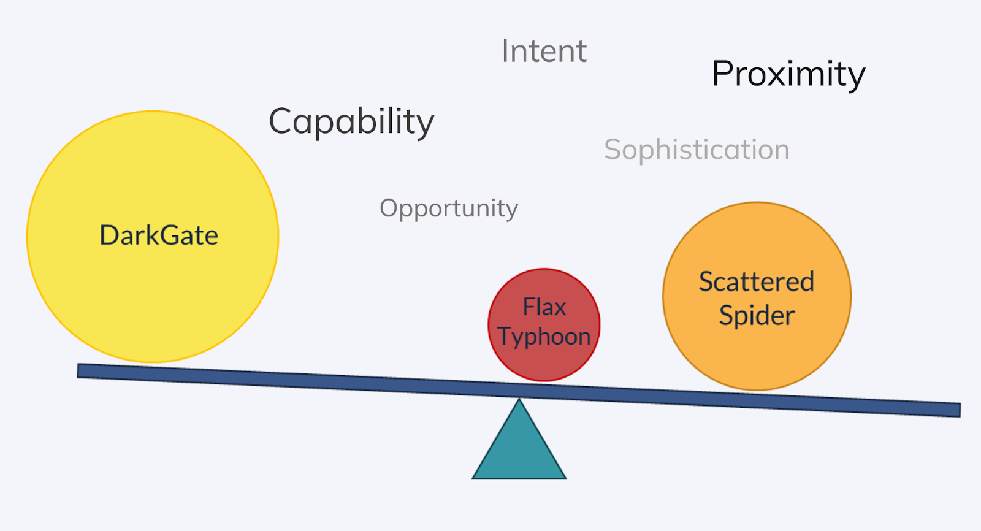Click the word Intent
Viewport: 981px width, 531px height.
pos(544,51)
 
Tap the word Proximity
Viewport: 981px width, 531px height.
pos(788,75)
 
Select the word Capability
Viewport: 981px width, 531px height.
pos(351,121)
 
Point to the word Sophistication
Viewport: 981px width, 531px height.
pos(697,150)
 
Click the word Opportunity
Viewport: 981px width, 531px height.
pos(449,208)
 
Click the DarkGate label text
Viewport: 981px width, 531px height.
pos(159,235)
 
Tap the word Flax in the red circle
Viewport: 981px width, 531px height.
pos(544,307)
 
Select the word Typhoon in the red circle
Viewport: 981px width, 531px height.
pos(544,337)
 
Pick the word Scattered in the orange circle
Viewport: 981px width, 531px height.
pos(757,282)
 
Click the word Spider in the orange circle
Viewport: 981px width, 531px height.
pos(757,316)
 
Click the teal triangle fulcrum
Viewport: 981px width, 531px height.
pos(519,451)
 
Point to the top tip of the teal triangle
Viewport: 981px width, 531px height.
pos(519,401)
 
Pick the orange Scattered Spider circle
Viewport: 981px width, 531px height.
pos(757,356)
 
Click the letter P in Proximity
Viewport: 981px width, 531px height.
pos(723,74)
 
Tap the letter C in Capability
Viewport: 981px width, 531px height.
pos(281,121)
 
